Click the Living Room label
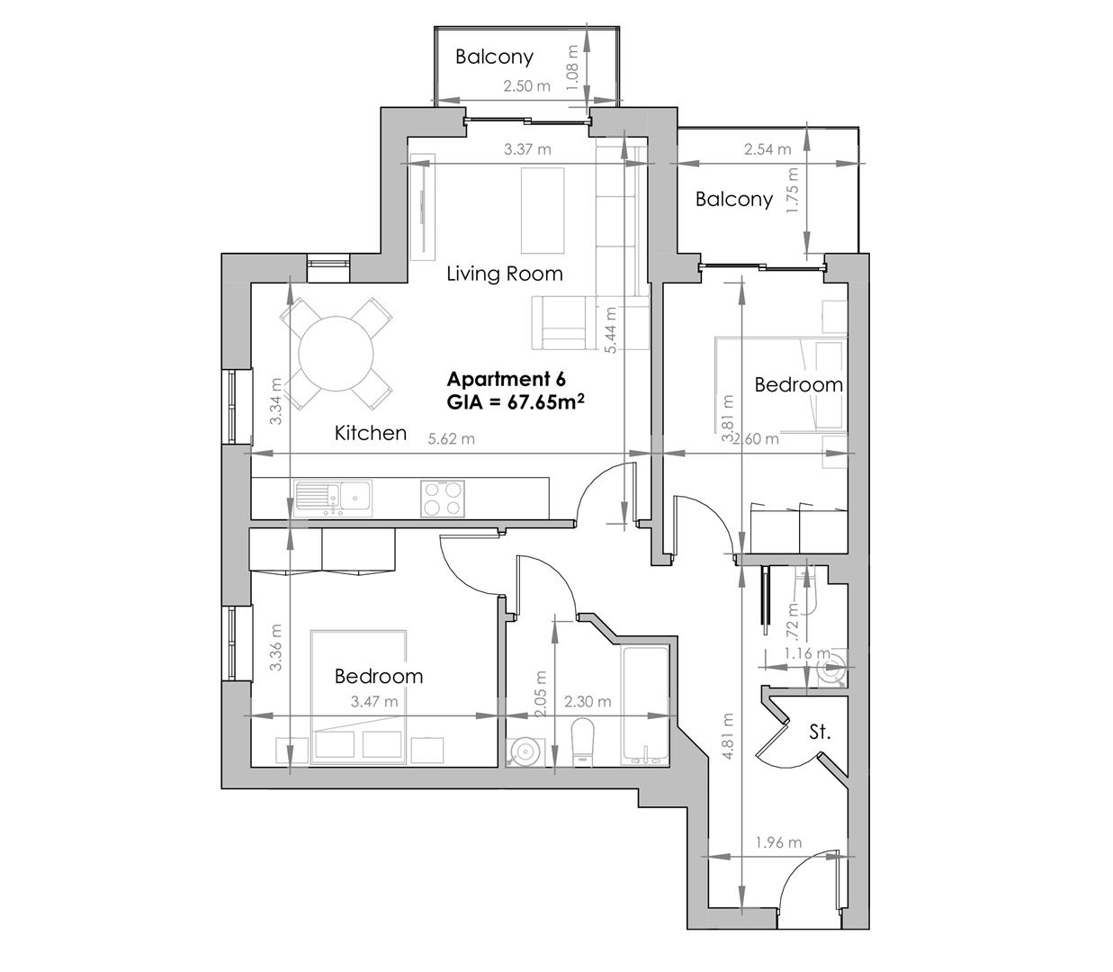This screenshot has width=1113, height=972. click(x=505, y=274)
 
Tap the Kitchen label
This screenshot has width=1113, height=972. click(x=371, y=433)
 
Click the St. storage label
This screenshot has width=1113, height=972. click(x=819, y=733)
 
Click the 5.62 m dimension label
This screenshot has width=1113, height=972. click(x=451, y=439)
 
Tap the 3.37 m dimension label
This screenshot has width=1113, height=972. click(x=527, y=149)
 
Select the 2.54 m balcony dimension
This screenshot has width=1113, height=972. click(x=767, y=149)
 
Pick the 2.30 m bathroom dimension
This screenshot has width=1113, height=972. click(x=588, y=702)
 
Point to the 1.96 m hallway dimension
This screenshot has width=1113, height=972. click(x=778, y=843)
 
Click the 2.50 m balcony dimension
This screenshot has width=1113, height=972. click(x=526, y=86)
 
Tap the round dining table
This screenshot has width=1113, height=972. click(x=337, y=353)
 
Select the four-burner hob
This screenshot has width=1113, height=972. click(x=443, y=498)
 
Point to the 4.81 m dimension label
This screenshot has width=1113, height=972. click(x=726, y=736)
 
